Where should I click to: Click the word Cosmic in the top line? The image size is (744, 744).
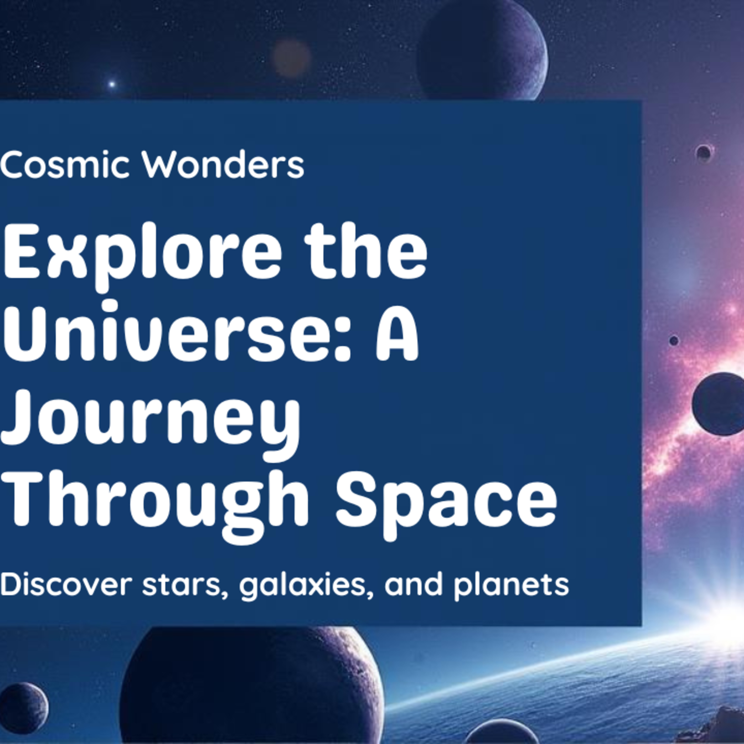pos(64,165)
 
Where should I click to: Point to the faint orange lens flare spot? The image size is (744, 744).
pos(291,58)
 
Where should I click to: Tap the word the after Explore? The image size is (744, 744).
pos(366,253)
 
